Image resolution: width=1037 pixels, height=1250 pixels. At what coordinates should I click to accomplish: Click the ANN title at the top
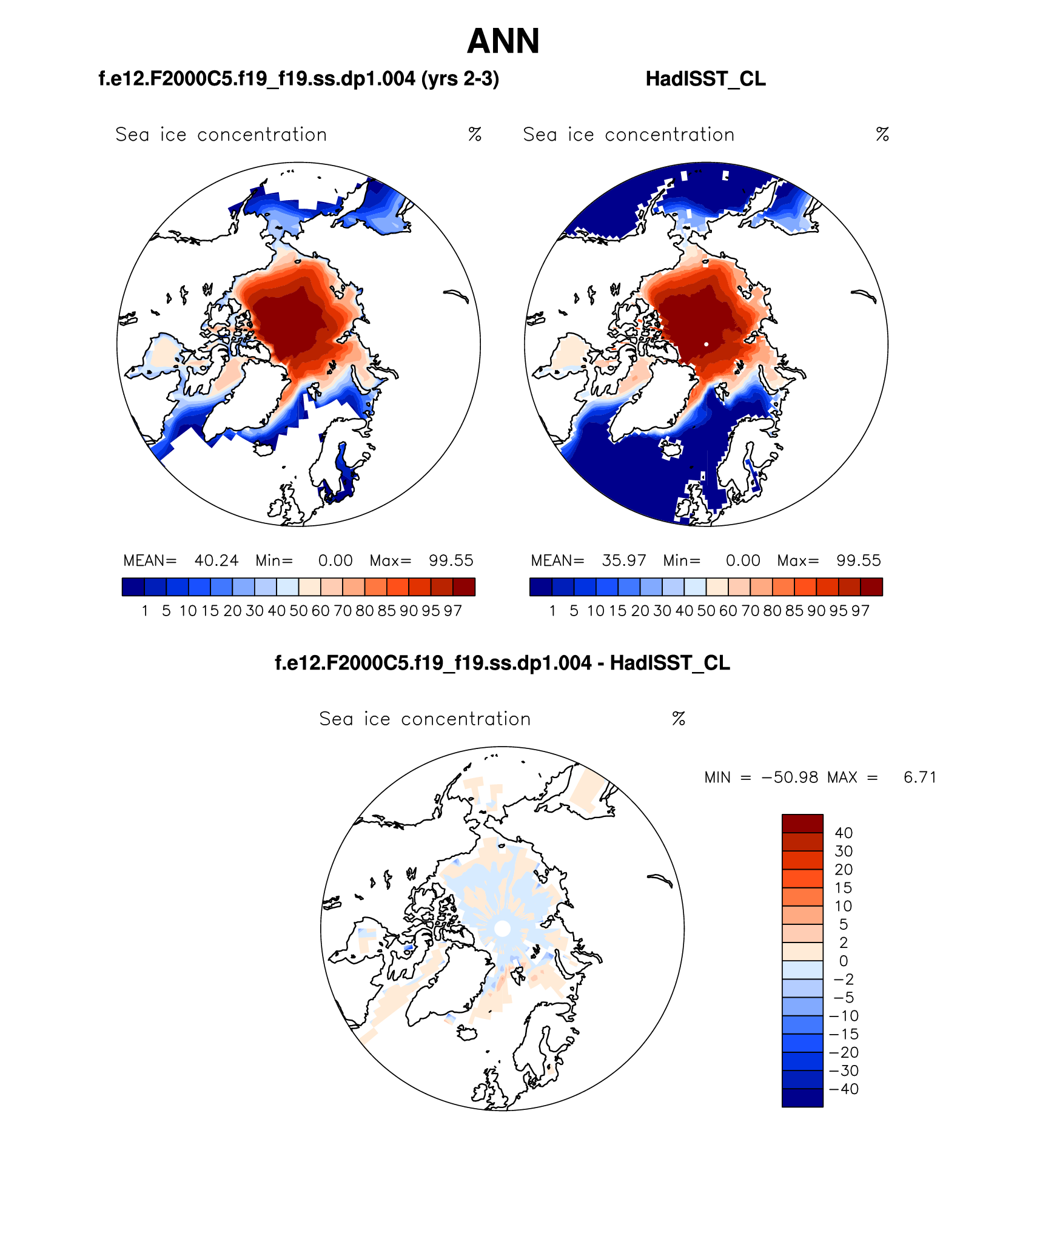click(x=503, y=41)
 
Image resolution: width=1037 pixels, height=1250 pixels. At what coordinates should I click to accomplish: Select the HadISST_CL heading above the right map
click(x=705, y=79)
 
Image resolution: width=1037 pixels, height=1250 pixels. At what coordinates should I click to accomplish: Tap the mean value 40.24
click(x=216, y=560)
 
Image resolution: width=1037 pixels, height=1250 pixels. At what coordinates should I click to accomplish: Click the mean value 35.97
click(x=623, y=560)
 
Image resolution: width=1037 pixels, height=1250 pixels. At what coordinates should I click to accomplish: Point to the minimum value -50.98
click(x=790, y=778)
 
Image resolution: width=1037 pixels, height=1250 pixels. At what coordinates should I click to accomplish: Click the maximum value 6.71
click(x=919, y=778)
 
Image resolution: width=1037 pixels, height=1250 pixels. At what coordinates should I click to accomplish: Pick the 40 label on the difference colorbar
click(x=844, y=833)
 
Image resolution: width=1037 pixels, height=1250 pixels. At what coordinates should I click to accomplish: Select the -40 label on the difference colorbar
click(x=844, y=1089)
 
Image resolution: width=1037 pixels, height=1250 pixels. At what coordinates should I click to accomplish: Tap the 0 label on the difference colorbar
click(x=844, y=961)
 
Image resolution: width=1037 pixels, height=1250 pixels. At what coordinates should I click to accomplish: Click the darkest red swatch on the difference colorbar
click(x=802, y=824)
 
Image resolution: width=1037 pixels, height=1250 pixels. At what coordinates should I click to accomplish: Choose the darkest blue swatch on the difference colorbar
click(x=802, y=1098)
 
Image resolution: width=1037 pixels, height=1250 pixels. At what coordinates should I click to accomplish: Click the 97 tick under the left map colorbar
click(x=452, y=611)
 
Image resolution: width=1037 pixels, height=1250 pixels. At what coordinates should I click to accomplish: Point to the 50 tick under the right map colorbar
click(x=706, y=611)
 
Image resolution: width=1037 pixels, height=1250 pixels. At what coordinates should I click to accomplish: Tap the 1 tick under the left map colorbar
click(x=145, y=611)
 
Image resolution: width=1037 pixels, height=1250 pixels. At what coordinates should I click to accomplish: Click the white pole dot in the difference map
click(x=502, y=929)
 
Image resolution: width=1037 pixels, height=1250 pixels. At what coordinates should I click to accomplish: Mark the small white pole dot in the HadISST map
click(x=706, y=344)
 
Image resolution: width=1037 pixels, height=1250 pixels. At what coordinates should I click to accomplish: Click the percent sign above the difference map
click(x=679, y=719)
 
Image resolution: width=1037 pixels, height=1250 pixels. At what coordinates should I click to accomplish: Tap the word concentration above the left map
click(x=262, y=135)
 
